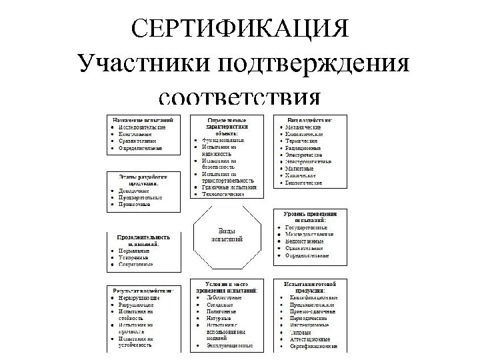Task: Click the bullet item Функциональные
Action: [x=223, y=141]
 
